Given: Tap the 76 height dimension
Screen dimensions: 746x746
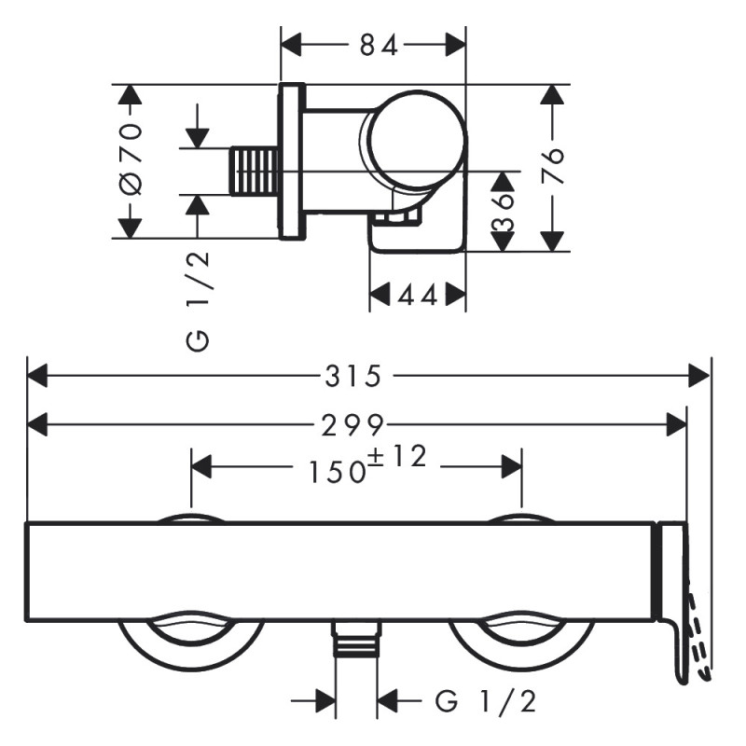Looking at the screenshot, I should pyautogui.click(x=554, y=168).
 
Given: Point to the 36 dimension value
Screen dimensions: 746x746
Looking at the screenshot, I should pyautogui.click(x=504, y=211).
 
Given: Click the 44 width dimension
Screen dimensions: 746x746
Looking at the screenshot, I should pyautogui.click(x=418, y=296).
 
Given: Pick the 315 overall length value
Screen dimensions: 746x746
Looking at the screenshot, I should pyautogui.click(x=353, y=376).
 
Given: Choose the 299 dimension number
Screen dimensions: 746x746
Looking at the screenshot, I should pyautogui.click(x=353, y=425).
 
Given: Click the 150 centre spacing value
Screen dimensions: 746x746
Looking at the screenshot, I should pyautogui.click(x=337, y=472).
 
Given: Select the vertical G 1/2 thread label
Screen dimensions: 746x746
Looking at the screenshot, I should pyautogui.click(x=198, y=298).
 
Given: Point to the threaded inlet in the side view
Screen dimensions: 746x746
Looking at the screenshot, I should pyautogui.click(x=255, y=172).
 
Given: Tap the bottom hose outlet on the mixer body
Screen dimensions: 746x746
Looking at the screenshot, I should pyautogui.click(x=356, y=642).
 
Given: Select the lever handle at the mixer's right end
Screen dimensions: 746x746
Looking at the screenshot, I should pyautogui.click(x=673, y=606).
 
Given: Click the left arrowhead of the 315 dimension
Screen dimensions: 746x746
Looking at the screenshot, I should pyautogui.click(x=36, y=376).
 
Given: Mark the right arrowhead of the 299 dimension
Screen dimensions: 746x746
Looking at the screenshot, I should pyautogui.click(x=678, y=425).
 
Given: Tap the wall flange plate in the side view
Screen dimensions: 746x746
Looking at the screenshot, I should pyautogui.click(x=292, y=160).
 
